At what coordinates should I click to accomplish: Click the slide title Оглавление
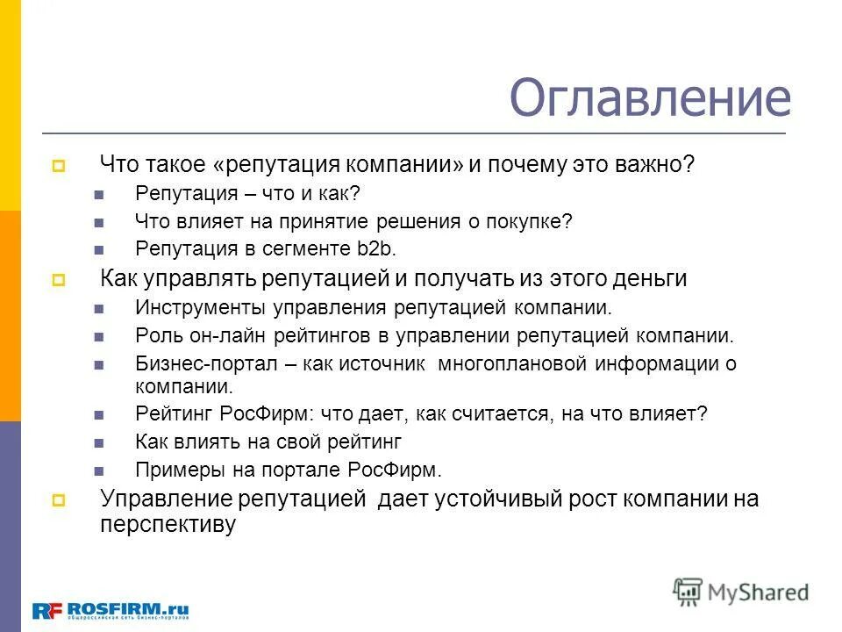point(650,98)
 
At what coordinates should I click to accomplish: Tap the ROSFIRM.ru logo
point(111,609)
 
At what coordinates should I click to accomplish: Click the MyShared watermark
point(741,591)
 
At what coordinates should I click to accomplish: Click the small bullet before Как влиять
point(98,442)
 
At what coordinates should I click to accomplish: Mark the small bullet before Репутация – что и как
point(98,194)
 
